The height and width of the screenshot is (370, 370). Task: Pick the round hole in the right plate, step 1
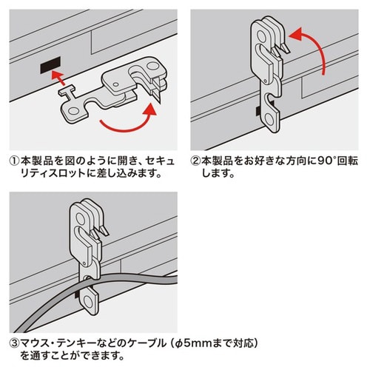[154, 69]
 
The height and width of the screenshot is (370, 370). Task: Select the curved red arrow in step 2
[312, 50]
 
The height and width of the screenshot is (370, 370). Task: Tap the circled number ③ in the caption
[14, 343]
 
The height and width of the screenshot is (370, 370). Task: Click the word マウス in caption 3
[36, 343]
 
